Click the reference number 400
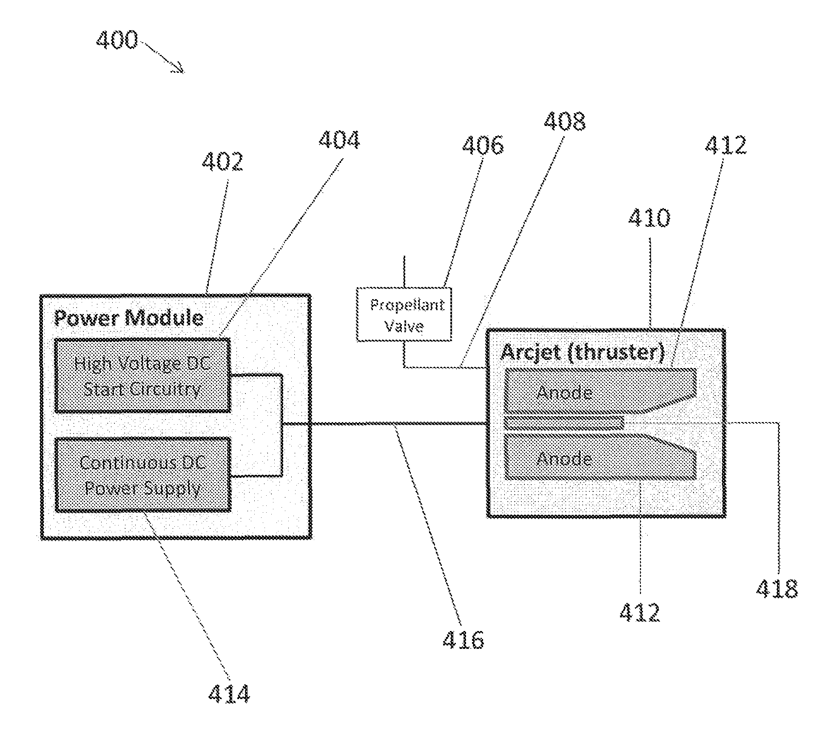point(117,40)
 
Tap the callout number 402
point(222,162)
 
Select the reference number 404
point(339,140)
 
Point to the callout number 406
point(483,145)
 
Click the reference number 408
point(565,121)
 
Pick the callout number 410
point(649,218)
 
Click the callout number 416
point(463,640)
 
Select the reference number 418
point(777,589)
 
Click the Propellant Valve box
point(404,314)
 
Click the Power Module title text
point(129,318)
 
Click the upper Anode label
point(564,392)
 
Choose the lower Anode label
point(564,459)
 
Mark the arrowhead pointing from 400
point(179,68)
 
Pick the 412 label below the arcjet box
point(640,613)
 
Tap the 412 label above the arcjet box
point(725,145)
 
